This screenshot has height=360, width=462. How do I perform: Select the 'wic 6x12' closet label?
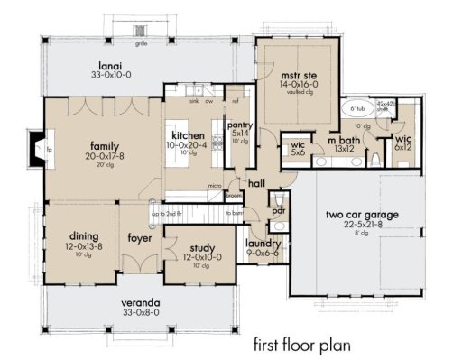[x=402, y=140]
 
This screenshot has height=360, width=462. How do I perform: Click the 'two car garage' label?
[x=359, y=215]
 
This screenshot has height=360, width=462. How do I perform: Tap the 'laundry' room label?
[x=264, y=243]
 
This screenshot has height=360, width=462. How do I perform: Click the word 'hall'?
[x=255, y=182]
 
